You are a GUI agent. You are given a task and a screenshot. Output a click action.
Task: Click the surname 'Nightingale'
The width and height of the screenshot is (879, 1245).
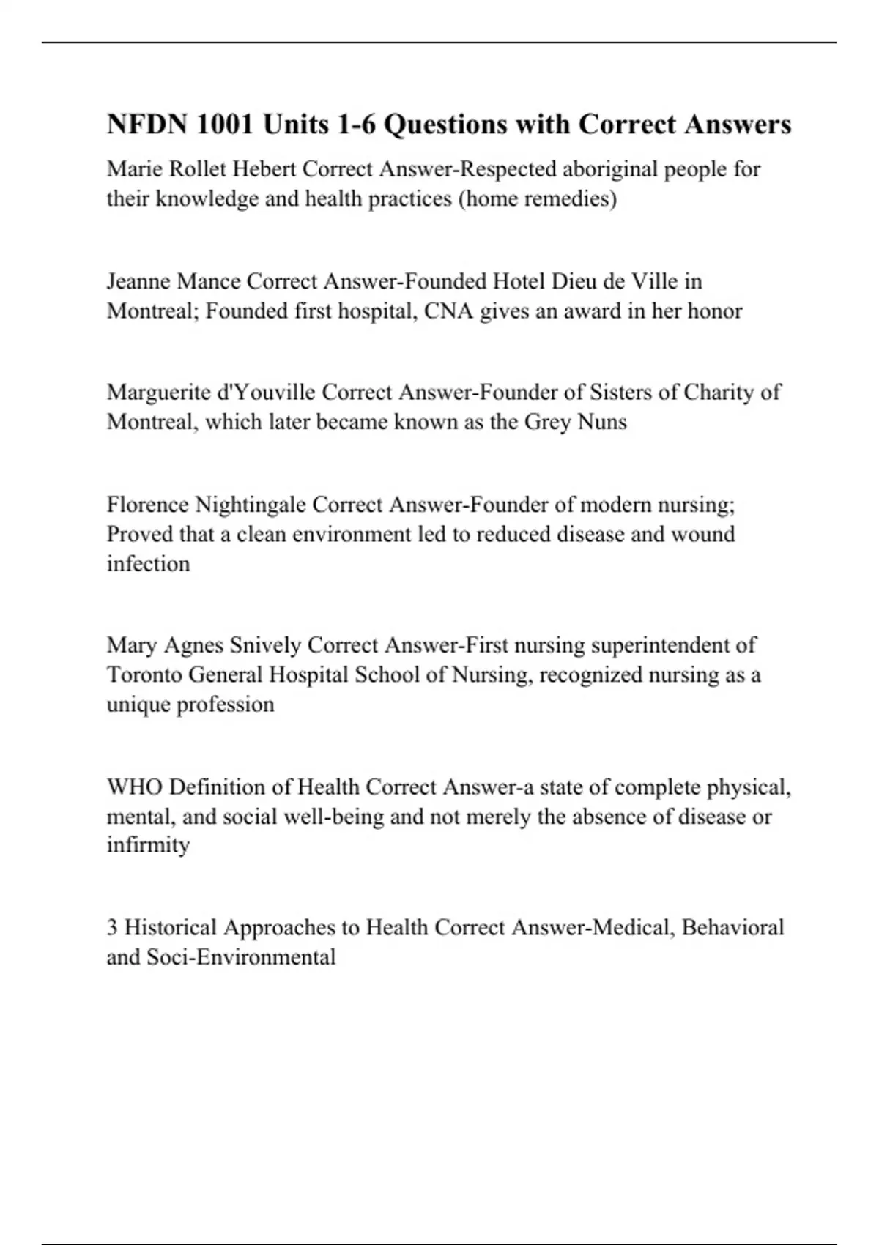(250, 505)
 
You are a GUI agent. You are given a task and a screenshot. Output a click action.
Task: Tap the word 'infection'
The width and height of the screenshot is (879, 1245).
(148, 564)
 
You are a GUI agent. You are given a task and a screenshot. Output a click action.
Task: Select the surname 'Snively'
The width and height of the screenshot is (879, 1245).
(265, 645)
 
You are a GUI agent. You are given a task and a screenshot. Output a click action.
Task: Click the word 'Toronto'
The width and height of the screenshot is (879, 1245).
(144, 674)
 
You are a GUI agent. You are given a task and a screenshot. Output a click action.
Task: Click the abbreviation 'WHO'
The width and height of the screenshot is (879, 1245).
(135, 787)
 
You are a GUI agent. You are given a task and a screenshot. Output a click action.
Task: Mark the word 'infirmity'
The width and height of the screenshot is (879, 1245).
(148, 845)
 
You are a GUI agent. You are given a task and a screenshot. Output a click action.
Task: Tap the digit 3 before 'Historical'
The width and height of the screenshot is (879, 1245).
(112, 927)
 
